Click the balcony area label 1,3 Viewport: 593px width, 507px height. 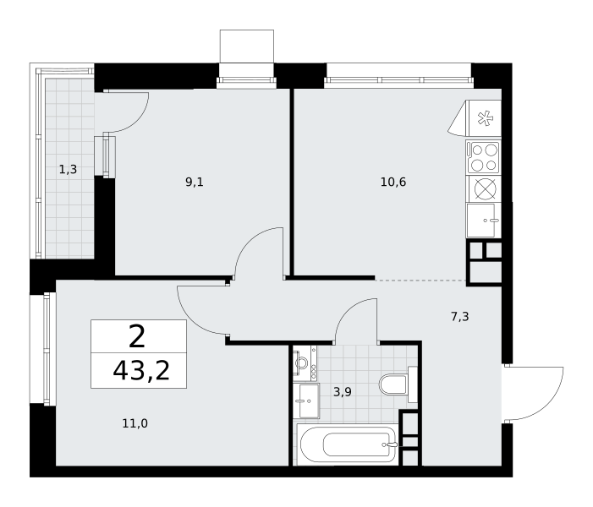coord(68,170)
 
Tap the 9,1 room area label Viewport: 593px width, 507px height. coord(195,183)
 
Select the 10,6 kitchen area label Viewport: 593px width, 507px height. coord(393,182)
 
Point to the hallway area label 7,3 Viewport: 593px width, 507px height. coord(460,317)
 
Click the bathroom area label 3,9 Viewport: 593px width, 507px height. coord(343,392)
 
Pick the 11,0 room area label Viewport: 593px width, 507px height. coord(135,423)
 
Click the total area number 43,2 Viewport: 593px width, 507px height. coord(141,371)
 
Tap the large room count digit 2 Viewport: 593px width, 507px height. coord(137,337)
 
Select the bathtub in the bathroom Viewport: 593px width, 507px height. coord(348,444)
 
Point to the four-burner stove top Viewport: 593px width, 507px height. coord(484,157)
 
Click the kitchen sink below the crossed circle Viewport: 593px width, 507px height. coord(484,221)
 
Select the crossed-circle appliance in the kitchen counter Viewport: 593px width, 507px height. coord(486,188)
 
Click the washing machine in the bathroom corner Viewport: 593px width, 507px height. coord(305,363)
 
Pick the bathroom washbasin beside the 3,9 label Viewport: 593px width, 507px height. coord(309,401)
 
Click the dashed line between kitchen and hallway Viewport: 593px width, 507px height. coord(420,280)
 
